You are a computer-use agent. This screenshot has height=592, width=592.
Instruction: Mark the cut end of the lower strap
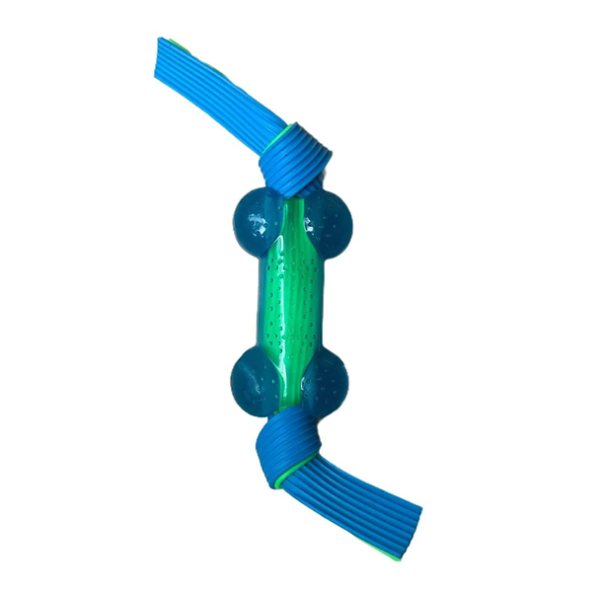pos(408,534)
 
